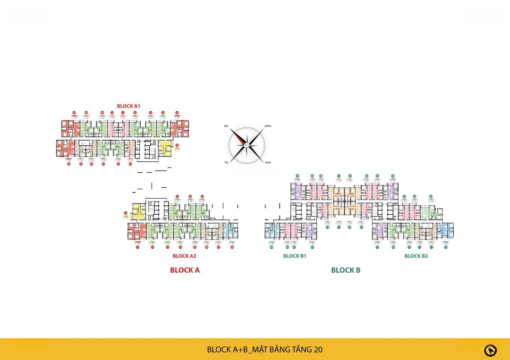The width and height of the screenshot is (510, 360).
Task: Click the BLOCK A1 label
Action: [128, 106]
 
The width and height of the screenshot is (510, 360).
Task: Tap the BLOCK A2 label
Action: [184, 256]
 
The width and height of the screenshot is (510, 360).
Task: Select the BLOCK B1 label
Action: [295, 256]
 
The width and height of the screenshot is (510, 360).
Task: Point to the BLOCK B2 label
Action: [416, 256]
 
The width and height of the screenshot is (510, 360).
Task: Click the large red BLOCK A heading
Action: [185, 270]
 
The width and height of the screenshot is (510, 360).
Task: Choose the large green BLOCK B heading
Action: [346, 270]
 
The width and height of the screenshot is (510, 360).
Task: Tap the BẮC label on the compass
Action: [226, 126]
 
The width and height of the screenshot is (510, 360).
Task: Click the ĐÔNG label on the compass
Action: [268, 126]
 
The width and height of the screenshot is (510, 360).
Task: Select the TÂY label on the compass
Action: [226, 162]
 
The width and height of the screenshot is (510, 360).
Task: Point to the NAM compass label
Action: [268, 162]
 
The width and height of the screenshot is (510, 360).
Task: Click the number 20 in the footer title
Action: [318, 350]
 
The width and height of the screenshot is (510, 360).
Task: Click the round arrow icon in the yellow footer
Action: [490, 350]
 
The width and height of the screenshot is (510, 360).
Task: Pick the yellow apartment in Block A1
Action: [165, 148]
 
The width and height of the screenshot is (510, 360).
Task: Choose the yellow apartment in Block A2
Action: [138, 211]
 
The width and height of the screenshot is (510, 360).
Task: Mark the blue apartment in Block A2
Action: [230, 231]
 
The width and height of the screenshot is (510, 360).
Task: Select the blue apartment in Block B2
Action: [445, 231]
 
